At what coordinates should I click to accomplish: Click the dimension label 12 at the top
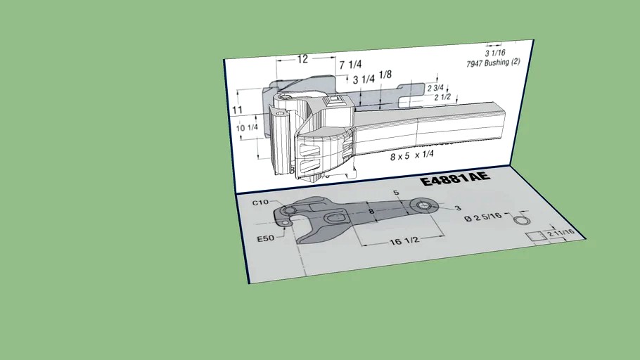point(302,60)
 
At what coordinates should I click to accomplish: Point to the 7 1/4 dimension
point(350,65)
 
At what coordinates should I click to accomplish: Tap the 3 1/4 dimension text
point(364,79)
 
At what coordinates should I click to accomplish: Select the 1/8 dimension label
point(385,75)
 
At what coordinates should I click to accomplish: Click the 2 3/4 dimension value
point(435,89)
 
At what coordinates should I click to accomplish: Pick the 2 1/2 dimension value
point(442,98)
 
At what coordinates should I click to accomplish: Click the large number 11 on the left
point(238,110)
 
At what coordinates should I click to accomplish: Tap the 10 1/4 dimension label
point(247,127)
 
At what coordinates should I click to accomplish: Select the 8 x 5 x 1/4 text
point(412,156)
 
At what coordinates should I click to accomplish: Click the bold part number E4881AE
point(455,181)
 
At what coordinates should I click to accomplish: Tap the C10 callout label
point(261,202)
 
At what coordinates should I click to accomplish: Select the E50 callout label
point(265,238)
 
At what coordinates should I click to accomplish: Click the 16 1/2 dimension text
point(404,241)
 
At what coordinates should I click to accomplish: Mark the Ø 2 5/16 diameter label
point(483,218)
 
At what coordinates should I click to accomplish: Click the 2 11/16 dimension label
point(562,232)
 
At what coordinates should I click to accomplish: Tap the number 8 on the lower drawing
point(371,210)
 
